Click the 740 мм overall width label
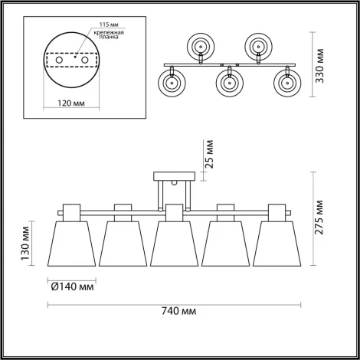(179, 312)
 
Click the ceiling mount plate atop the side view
(174, 175)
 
